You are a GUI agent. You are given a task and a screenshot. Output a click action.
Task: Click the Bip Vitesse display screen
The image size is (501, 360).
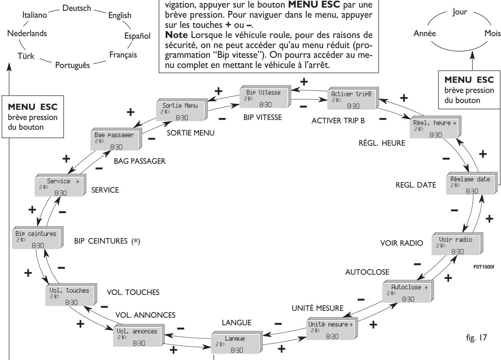265,97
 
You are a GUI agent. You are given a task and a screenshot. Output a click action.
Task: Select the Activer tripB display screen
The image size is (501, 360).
353,98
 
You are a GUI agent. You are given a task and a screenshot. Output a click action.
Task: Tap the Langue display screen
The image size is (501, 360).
237,342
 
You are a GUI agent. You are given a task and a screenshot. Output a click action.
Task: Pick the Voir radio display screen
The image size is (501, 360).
457,244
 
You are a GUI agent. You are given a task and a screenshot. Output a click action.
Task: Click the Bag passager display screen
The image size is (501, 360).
116,139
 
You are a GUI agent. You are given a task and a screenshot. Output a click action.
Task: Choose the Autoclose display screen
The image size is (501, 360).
408,291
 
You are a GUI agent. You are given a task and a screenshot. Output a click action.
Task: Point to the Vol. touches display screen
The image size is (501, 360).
71,295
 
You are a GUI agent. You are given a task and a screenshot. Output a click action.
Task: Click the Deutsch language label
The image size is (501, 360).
77,8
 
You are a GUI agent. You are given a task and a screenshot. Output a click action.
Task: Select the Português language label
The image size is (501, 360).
73,65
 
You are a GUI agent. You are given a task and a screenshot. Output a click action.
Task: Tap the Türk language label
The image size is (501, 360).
26,56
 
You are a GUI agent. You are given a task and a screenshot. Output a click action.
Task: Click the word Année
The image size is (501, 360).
425,33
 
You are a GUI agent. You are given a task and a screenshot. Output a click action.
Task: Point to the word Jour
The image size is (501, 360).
460,12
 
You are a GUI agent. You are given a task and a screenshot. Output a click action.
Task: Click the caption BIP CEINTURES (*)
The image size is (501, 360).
107,241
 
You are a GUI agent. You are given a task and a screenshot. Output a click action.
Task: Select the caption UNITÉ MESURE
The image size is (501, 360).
318,308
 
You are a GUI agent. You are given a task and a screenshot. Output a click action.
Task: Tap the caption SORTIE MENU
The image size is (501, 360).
191,133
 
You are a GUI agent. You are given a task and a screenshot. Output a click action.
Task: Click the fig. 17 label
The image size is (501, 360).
476,337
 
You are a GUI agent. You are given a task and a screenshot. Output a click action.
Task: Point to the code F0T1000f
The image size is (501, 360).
484,267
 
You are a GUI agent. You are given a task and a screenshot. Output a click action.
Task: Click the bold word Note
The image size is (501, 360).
177,35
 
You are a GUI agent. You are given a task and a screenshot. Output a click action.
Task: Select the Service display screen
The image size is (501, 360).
60,185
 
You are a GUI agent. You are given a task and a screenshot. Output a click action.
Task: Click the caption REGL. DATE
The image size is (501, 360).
416,185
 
